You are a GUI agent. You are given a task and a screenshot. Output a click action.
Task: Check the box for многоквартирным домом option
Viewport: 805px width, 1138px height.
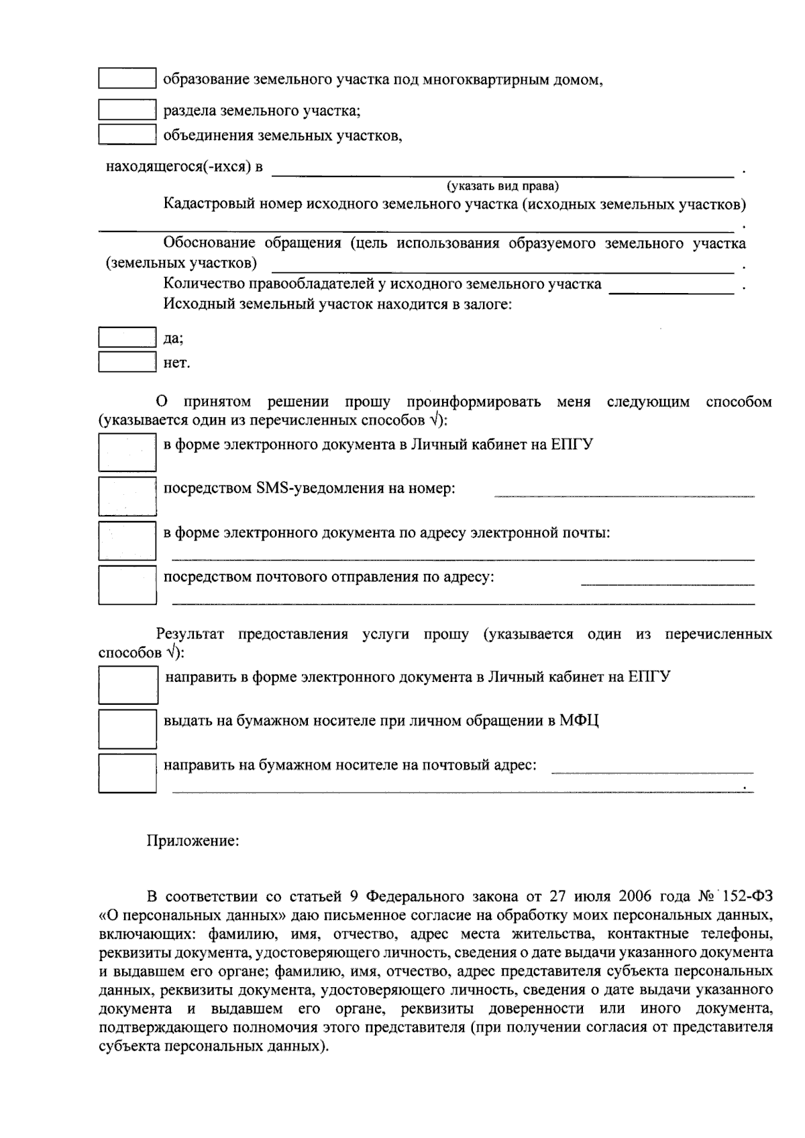click(127, 78)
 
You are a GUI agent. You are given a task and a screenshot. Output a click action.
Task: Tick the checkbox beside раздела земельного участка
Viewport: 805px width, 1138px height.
click(127, 110)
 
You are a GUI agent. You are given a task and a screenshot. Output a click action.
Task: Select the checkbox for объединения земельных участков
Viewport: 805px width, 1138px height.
click(127, 135)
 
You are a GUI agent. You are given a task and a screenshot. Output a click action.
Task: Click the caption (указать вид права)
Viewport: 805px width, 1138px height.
click(502, 186)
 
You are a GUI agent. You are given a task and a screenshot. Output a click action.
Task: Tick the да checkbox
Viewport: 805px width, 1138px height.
click(127, 337)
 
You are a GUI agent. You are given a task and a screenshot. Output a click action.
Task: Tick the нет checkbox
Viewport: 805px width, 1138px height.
click(127, 362)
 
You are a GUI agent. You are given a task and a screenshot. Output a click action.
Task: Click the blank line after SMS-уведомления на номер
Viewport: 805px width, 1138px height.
click(624, 493)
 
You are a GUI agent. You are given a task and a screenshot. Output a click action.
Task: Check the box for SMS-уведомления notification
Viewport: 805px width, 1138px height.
click(127, 496)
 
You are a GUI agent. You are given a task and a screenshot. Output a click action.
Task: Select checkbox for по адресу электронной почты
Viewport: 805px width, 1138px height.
click(127, 540)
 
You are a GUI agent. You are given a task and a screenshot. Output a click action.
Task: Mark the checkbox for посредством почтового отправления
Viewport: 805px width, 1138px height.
click(127, 585)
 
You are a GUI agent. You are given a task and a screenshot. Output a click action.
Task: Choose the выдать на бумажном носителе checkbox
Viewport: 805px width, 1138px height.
click(127, 728)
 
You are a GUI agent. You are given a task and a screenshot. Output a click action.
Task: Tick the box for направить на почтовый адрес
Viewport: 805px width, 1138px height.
click(127, 773)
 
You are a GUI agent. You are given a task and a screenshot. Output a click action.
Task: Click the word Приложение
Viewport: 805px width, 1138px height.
click(193, 840)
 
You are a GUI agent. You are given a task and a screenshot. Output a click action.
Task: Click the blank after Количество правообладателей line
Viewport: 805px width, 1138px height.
click(671, 288)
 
